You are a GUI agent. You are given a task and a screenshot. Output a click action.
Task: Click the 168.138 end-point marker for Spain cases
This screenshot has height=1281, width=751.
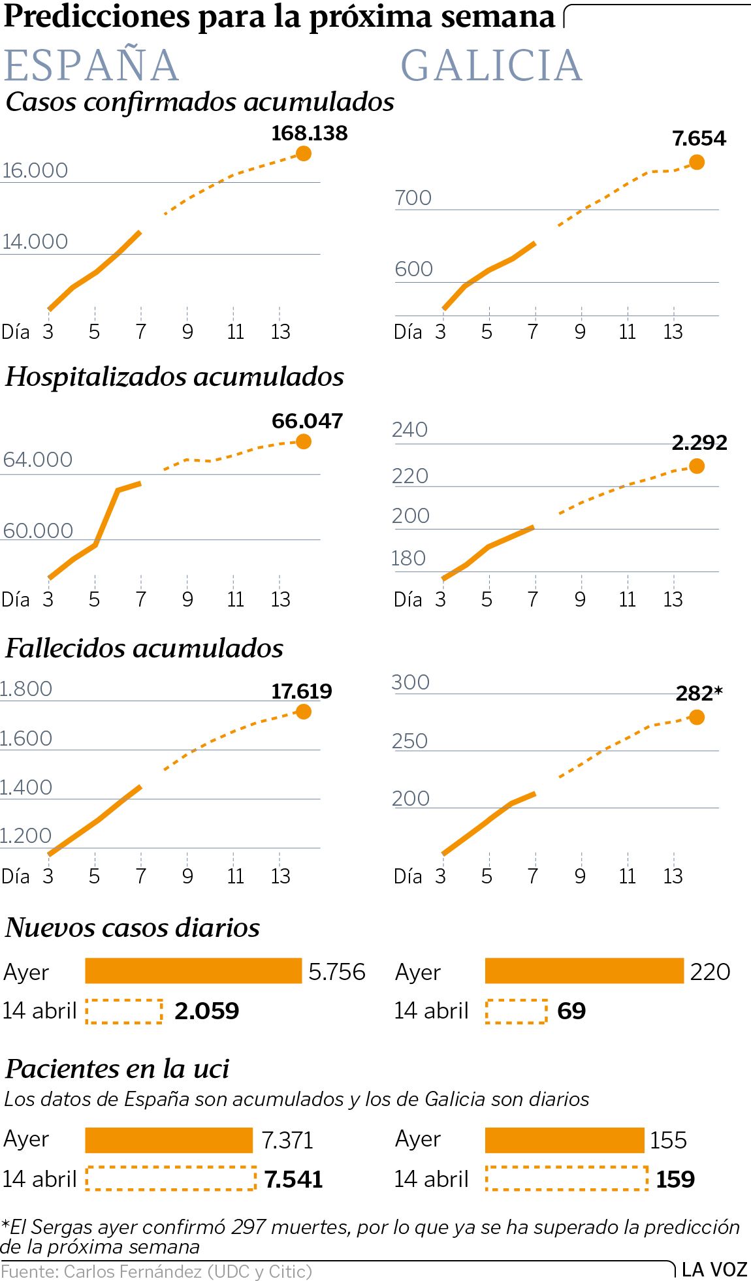click(303, 153)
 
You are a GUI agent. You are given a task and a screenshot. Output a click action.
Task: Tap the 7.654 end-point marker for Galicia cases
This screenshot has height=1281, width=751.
click(697, 162)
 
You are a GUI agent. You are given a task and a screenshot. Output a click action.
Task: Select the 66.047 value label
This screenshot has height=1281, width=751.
click(307, 421)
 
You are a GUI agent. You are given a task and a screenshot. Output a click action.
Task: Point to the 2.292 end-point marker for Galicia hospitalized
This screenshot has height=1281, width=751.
click(697, 466)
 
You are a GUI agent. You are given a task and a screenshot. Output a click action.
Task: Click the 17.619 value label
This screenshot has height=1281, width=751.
click(302, 691)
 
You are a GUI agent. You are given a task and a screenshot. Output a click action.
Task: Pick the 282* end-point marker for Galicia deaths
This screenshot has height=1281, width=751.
click(697, 718)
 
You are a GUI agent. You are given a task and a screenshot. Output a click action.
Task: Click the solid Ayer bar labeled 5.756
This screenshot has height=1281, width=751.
click(193, 971)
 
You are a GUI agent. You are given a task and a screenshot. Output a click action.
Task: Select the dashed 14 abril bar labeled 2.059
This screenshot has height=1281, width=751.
click(124, 1011)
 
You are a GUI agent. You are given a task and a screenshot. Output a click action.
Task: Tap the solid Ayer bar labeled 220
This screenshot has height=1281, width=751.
click(584, 971)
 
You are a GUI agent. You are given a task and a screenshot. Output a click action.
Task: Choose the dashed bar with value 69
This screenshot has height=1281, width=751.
click(516, 1011)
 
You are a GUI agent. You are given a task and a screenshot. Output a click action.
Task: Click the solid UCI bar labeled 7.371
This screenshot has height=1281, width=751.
click(168, 1141)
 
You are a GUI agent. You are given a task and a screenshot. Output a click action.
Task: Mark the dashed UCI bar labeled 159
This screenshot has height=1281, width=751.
click(566, 1178)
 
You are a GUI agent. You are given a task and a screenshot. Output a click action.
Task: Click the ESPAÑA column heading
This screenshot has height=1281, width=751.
click(91, 65)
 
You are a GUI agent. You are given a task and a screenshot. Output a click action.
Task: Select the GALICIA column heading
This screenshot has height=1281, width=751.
click(491, 65)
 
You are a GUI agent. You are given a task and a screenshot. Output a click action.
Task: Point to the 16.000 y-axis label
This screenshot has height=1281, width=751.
click(35, 170)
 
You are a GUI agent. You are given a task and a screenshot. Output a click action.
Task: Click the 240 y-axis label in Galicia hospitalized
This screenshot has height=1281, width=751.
click(409, 430)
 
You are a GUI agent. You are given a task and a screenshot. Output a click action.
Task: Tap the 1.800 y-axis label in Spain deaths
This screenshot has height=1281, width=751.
click(26, 689)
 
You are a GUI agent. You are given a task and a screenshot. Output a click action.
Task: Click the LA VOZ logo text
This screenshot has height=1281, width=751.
click(714, 1269)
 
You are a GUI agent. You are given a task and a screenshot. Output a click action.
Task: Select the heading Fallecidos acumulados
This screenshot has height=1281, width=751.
click(144, 648)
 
